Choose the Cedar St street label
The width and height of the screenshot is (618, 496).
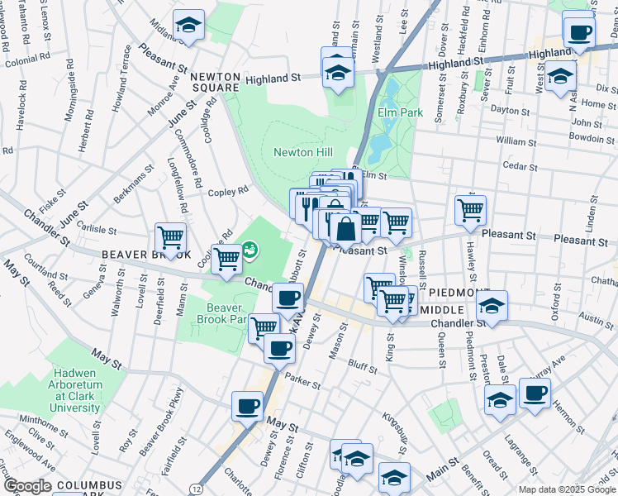[x=521, y=165]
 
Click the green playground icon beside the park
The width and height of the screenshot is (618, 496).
[x=249, y=247]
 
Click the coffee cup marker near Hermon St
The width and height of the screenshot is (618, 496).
[x=534, y=392]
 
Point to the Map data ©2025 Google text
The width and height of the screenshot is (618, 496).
[x=566, y=489]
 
